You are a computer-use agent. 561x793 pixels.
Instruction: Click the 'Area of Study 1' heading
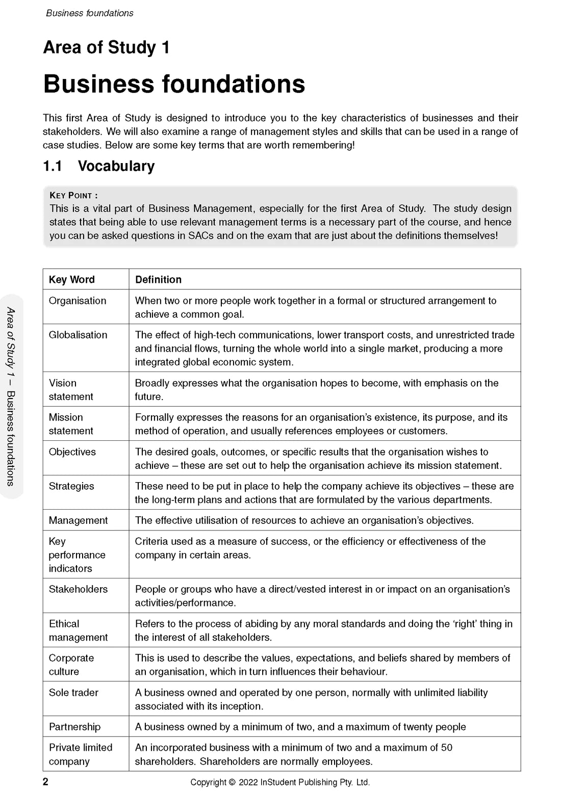pos(106,47)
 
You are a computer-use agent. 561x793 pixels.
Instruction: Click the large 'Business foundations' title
pos(174,84)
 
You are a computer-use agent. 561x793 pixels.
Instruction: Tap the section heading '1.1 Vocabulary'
pos(98,166)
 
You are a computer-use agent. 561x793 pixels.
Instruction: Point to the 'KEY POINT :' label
pos(73,195)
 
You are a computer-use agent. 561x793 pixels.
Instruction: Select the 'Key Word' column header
pos(71,279)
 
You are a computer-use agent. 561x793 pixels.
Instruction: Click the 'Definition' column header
pos(158,279)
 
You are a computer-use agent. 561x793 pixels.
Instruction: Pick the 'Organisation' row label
pos(78,301)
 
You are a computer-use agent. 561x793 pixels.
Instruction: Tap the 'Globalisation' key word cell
pos(78,335)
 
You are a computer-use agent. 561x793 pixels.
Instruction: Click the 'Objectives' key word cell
pos(72,452)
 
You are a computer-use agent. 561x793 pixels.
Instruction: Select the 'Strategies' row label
pos(71,486)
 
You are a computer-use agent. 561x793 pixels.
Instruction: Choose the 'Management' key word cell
pos(78,520)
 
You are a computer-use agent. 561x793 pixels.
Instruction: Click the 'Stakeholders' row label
pos(78,589)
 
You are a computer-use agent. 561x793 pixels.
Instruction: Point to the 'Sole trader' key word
pos(73,693)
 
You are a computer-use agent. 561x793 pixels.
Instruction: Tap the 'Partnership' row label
pos(74,727)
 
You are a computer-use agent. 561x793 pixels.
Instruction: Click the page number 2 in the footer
pos(45,782)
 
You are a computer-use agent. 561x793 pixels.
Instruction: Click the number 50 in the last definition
pos(446,748)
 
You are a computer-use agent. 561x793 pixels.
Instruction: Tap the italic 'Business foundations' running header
pos(90,13)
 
